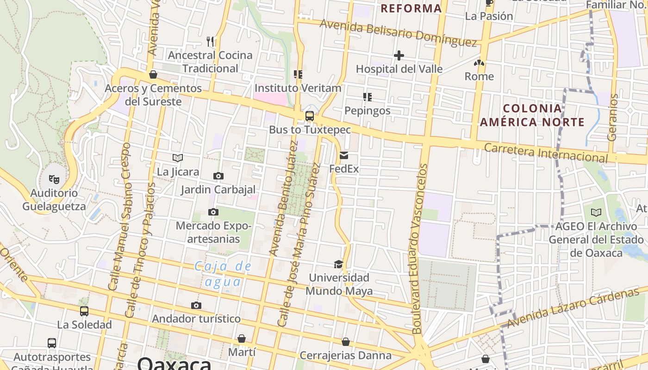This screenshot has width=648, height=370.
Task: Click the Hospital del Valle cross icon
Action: point(399,56)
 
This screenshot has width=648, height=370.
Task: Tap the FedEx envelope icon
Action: point(344,155)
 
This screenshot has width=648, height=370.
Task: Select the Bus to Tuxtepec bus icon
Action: point(310,116)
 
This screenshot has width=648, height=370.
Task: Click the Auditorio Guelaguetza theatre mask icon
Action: point(54,179)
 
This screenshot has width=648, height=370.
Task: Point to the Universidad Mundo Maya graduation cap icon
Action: point(339,264)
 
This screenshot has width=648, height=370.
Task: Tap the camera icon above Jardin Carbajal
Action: point(218,176)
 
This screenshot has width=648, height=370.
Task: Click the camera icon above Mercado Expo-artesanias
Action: point(213,212)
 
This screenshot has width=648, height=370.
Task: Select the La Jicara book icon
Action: point(178,158)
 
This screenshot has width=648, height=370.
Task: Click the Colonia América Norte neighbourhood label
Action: point(532,116)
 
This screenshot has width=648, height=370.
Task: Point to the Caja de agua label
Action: point(223,274)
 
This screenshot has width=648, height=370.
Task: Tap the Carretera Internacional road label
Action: point(546,153)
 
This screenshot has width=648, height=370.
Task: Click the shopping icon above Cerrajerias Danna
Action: point(346,342)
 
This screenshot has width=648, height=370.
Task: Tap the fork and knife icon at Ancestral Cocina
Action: point(211,42)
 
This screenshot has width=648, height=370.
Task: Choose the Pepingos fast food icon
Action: point(368,97)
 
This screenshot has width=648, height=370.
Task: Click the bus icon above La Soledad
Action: point(84,311)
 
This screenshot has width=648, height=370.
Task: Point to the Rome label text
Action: point(479,76)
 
